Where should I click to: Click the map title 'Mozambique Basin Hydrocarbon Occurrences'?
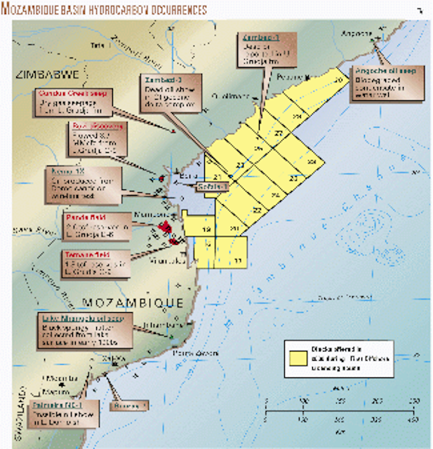point(105,10)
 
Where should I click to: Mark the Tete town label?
point(96,46)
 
